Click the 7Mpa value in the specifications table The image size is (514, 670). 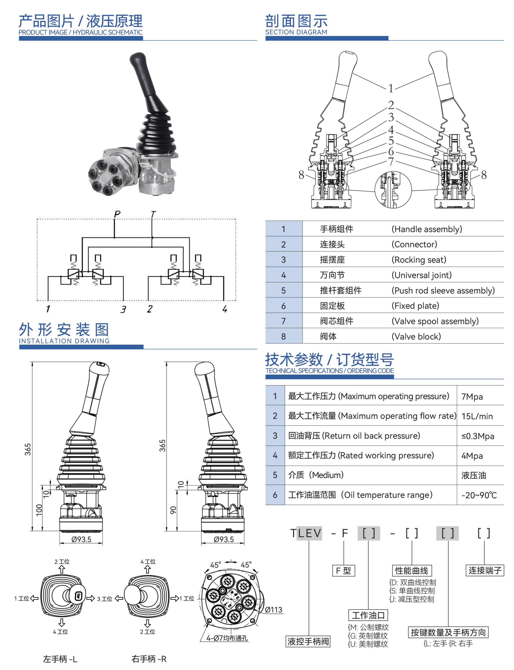[472, 397]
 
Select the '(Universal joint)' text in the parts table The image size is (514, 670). [421, 275]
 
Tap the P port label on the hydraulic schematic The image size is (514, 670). [117, 214]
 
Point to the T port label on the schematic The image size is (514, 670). [153, 214]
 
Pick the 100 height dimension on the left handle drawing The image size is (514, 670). [39, 510]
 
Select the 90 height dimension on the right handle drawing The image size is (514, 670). [173, 510]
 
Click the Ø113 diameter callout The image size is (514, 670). [273, 610]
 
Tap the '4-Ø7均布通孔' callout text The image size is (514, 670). [227, 638]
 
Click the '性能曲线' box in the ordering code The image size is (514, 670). [411, 571]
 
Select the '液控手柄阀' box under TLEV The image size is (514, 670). [308, 641]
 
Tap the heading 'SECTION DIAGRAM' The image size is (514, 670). [296, 32]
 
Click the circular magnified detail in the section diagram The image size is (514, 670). [393, 190]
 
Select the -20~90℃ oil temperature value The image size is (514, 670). [479, 495]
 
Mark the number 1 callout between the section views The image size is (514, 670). [391, 88]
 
